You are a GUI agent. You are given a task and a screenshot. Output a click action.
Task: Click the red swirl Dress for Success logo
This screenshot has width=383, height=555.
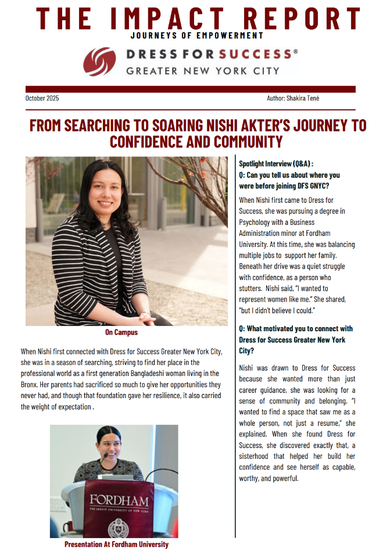tap(99, 62)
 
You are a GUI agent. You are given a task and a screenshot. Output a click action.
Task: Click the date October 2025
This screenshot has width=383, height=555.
tap(42, 98)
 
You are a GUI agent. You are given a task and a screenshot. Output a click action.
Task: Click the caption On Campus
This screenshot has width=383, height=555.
tap(121, 332)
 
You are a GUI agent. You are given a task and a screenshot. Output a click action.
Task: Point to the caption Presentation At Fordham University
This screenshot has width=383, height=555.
tap(116, 545)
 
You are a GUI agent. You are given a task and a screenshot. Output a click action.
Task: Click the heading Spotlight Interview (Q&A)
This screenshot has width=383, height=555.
tap(276, 164)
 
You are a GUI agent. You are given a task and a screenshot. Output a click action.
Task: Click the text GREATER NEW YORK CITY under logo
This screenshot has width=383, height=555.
tap(203, 71)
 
